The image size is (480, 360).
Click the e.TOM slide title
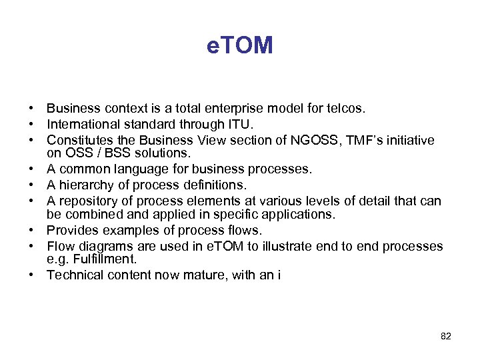coord(239,45)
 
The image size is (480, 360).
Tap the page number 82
coord(446,337)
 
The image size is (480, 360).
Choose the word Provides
coord(71,231)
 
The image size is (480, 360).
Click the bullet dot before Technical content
coord(31,275)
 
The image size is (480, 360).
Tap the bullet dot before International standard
coord(31,124)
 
